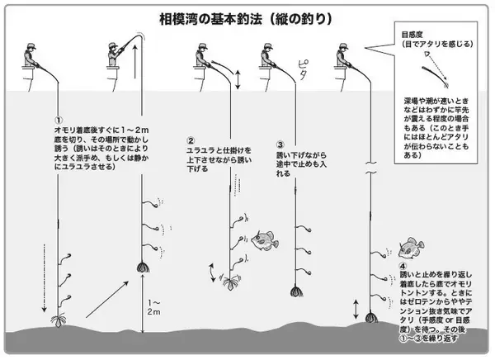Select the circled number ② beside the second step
coord(191,140)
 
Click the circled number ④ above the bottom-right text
coord(403,266)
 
